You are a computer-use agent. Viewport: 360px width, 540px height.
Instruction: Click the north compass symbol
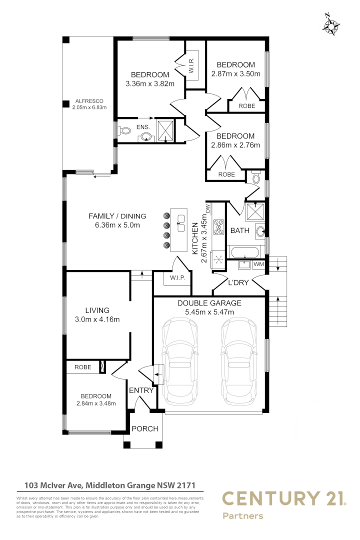pyautogui.click(x=331, y=24)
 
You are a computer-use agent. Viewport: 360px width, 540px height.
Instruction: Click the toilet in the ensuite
pyautogui.click(x=125, y=131)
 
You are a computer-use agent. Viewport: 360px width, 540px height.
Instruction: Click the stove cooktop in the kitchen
pyautogui.click(x=218, y=227)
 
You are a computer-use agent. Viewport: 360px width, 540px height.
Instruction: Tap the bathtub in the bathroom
pyautogui.click(x=244, y=251)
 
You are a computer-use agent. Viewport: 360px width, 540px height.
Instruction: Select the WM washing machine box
pyautogui.click(x=258, y=264)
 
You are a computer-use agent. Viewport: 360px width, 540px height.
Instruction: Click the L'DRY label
pyautogui.click(x=238, y=282)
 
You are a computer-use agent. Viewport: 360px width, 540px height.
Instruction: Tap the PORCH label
pyautogui.click(x=144, y=428)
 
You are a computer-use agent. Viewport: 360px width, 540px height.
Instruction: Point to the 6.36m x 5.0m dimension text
pyautogui.click(x=117, y=225)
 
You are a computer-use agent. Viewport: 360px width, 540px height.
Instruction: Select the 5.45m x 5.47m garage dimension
pyautogui.click(x=209, y=312)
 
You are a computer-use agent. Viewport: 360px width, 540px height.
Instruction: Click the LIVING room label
pyautogui.click(x=96, y=310)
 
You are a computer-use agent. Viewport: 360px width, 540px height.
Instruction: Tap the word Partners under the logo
pyautogui.click(x=242, y=516)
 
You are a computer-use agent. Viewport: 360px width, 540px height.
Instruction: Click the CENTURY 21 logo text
pyautogui.click(x=283, y=498)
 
